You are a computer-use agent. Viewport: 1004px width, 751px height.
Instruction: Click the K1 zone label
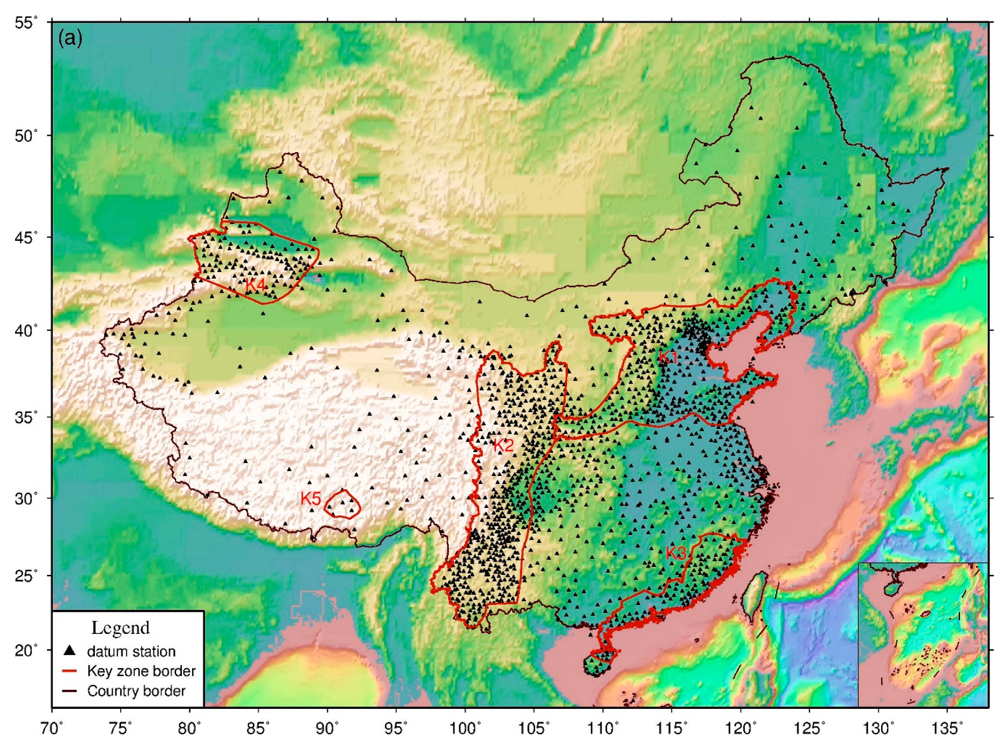point(668,357)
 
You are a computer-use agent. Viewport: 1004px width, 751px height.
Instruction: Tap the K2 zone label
point(503,446)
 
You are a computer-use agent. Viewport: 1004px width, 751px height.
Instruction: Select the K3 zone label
point(676,553)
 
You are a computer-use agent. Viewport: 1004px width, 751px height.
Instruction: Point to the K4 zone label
point(255,285)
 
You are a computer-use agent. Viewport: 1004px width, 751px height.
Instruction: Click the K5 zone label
point(311,499)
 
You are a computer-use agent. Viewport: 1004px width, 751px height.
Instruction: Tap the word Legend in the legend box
point(120,628)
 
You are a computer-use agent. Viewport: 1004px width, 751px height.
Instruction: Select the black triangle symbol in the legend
point(70,651)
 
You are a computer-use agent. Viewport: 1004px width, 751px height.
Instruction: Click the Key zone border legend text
point(141,671)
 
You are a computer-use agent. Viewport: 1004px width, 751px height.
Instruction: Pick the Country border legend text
point(136,691)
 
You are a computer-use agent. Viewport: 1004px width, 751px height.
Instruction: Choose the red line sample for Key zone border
point(70,671)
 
